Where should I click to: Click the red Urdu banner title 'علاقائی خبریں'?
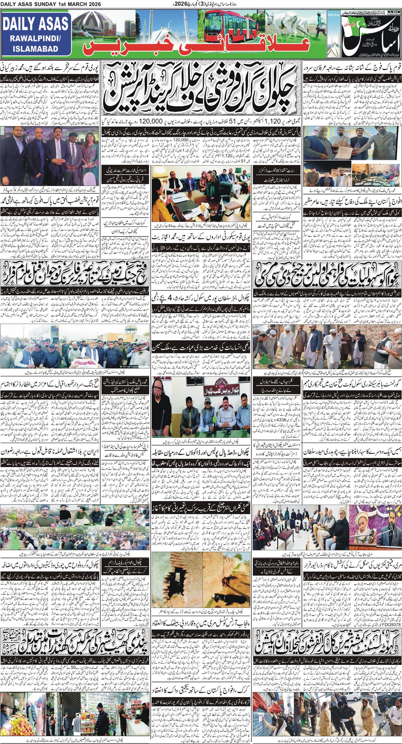[197, 48]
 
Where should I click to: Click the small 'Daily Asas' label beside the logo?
[333, 15]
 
